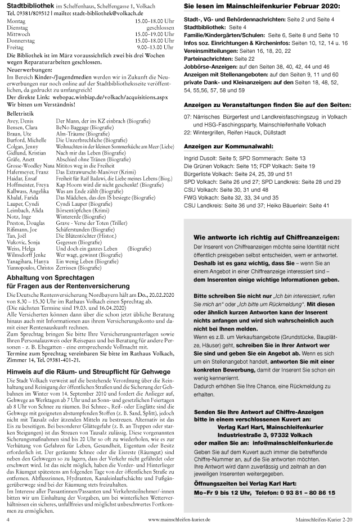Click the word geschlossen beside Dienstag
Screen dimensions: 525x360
coord(160,27)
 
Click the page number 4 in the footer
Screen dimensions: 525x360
coord(8,520)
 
